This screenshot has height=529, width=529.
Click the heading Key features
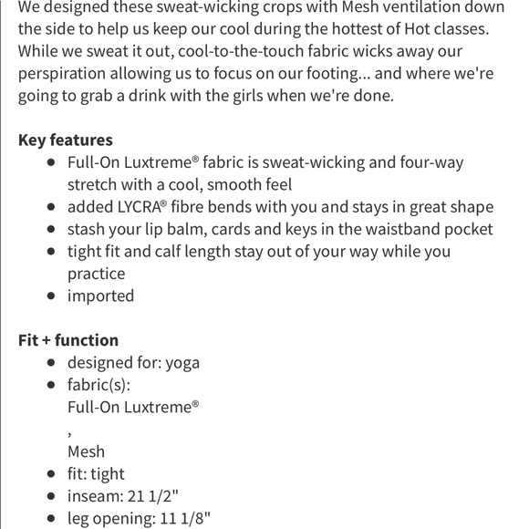66,140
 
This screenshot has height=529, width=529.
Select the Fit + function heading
68,340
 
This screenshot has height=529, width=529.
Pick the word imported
100,296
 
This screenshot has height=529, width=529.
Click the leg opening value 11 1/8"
190,519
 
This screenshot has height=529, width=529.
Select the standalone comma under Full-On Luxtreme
70,430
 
